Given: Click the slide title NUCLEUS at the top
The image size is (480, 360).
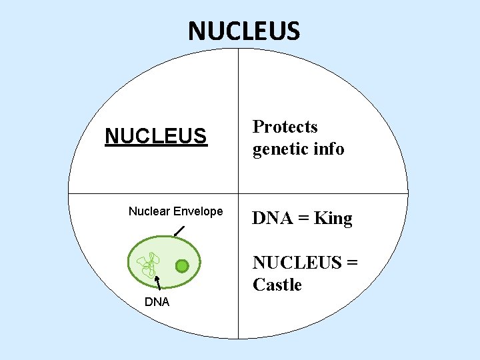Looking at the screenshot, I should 244,31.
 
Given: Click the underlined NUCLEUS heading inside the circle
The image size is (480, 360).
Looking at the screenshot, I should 156,136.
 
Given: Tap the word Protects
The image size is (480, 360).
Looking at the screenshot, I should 285,127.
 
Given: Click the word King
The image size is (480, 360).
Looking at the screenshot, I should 333,218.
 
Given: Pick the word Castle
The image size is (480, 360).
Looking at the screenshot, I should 277,285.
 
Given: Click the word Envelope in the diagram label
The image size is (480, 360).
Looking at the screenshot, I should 197,211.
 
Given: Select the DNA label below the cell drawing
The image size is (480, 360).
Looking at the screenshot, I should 157,302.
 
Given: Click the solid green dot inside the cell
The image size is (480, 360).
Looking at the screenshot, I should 182,267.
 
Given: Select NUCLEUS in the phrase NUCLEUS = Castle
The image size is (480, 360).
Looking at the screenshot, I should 297,263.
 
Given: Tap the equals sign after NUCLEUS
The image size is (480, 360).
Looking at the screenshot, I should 351,263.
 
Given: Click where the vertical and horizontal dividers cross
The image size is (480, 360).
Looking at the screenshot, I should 239,193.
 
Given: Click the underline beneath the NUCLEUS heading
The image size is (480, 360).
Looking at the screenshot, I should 156,146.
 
